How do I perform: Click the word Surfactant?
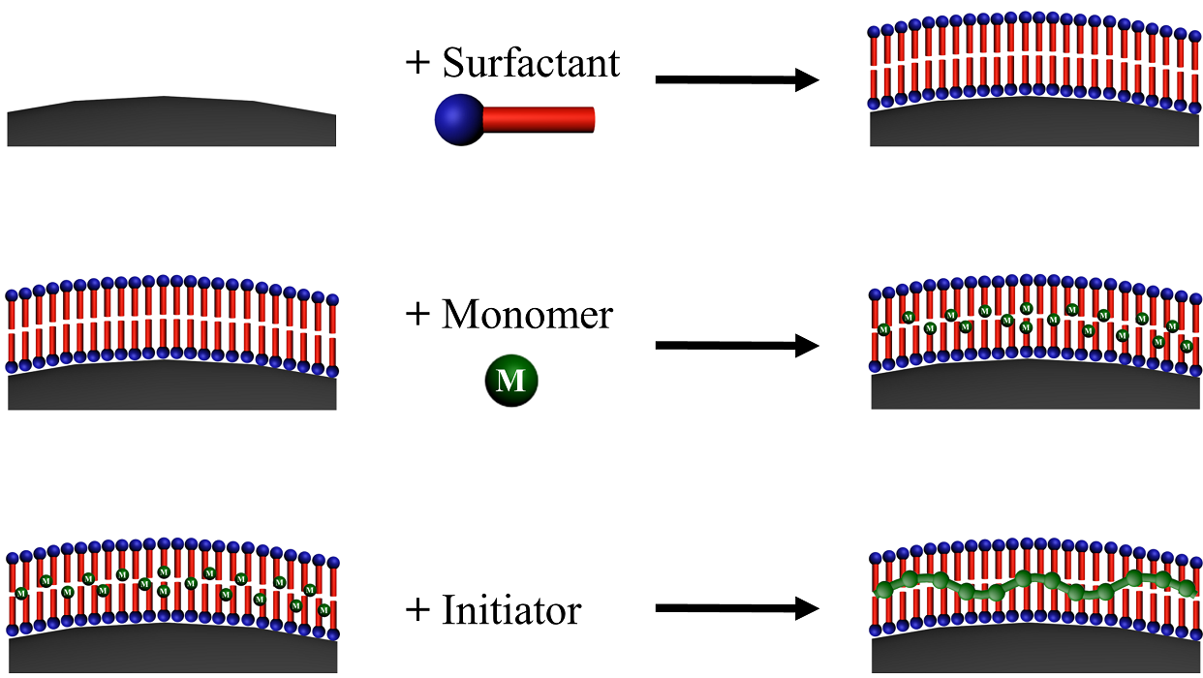531,63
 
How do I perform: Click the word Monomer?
528,315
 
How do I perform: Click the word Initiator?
511,610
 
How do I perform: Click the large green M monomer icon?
510,381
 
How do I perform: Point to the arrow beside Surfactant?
737,79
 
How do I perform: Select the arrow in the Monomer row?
737,345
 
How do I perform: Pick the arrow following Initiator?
737,608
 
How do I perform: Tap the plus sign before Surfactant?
416,63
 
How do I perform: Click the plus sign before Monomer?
416,315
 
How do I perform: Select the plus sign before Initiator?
416,610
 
